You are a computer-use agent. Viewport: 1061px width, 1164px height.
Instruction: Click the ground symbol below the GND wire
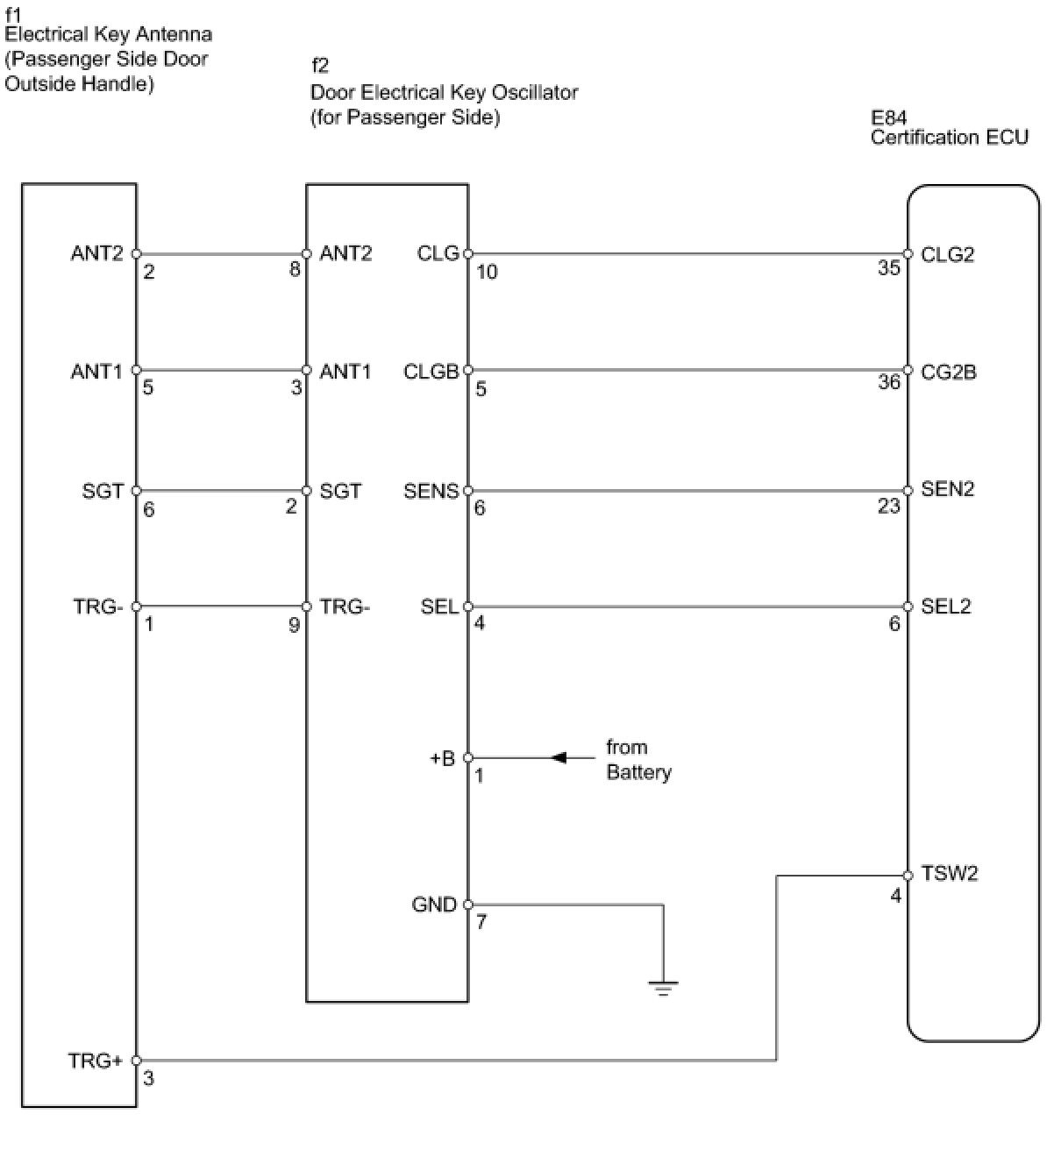click(663, 989)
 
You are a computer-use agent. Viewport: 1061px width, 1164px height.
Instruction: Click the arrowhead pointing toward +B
click(559, 757)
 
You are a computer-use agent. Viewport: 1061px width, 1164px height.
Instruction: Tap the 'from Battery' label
click(638, 760)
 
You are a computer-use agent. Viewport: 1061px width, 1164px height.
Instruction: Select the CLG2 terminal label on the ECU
click(947, 254)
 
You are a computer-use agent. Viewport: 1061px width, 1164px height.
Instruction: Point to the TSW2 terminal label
click(950, 873)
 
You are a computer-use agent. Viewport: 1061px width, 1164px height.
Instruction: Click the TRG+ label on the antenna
click(96, 1061)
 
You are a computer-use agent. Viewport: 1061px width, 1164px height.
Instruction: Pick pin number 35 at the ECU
click(889, 268)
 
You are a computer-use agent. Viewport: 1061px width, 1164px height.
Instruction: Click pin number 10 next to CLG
click(487, 272)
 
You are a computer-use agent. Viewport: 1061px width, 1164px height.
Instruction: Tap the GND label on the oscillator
click(434, 905)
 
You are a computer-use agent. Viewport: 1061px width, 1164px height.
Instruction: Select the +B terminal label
click(442, 758)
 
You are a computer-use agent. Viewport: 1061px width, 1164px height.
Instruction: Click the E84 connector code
click(888, 117)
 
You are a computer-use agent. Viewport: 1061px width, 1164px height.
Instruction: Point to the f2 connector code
click(320, 66)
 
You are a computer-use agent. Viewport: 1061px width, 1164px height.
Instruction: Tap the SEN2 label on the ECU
click(947, 489)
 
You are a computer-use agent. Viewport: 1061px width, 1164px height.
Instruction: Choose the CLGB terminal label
click(431, 372)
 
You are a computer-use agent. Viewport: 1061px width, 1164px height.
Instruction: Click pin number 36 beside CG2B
click(889, 382)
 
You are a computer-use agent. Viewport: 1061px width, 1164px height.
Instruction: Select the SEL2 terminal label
click(946, 607)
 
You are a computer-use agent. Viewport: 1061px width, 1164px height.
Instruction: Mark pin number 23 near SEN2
click(889, 506)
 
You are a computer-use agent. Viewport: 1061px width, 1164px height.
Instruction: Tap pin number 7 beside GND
click(481, 922)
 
